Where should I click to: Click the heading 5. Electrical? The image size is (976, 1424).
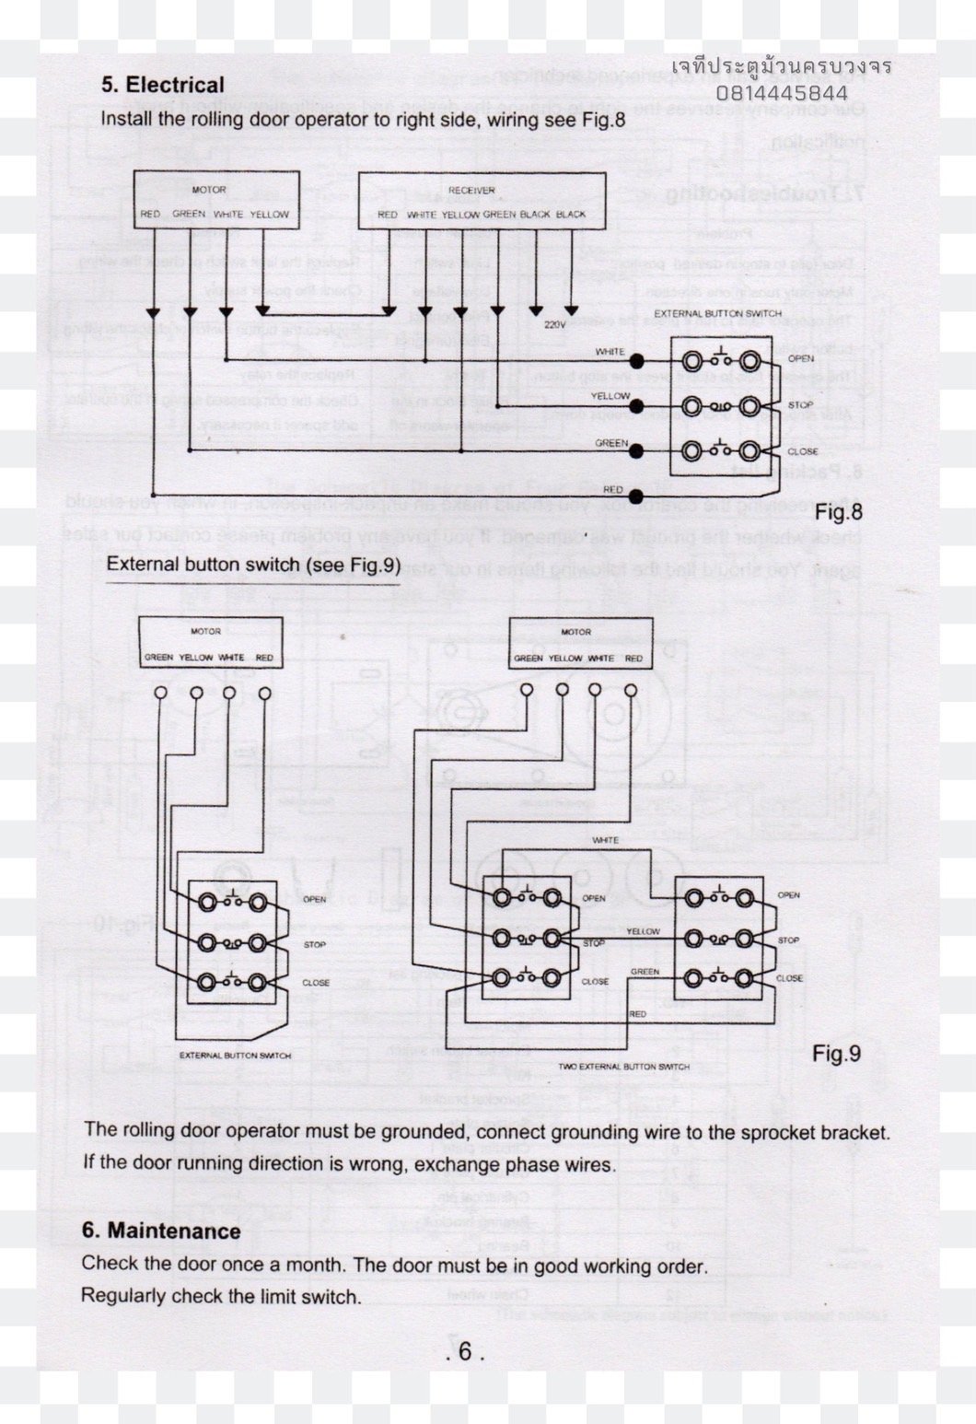pos(162,85)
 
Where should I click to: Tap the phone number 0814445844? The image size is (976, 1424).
pos(782,93)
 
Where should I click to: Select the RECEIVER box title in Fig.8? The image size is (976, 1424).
pos(471,191)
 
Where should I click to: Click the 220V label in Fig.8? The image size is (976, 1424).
pos(554,324)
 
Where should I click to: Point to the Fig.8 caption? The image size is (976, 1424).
pos(838,512)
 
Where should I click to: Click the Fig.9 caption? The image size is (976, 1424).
pos(836,1053)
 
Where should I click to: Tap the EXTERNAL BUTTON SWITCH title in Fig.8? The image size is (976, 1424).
pos(717,314)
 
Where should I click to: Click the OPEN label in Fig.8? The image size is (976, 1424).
pos(800,358)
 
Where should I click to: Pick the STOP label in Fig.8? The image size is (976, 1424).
pos(800,405)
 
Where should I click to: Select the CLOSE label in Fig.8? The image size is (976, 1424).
pos(802,451)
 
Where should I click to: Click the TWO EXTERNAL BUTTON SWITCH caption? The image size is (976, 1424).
pos(624,1067)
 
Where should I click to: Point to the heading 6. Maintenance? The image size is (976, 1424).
pos(161,1231)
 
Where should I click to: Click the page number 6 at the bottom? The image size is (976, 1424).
pos(465,1351)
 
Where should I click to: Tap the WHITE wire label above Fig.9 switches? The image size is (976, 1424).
pos(605,840)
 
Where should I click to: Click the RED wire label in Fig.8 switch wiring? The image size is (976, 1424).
pos(612,490)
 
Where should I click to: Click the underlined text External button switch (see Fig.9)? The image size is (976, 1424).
pos(253,564)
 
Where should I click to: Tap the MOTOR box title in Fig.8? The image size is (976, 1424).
pos(208,191)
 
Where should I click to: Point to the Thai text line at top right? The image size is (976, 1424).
pos(781,67)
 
